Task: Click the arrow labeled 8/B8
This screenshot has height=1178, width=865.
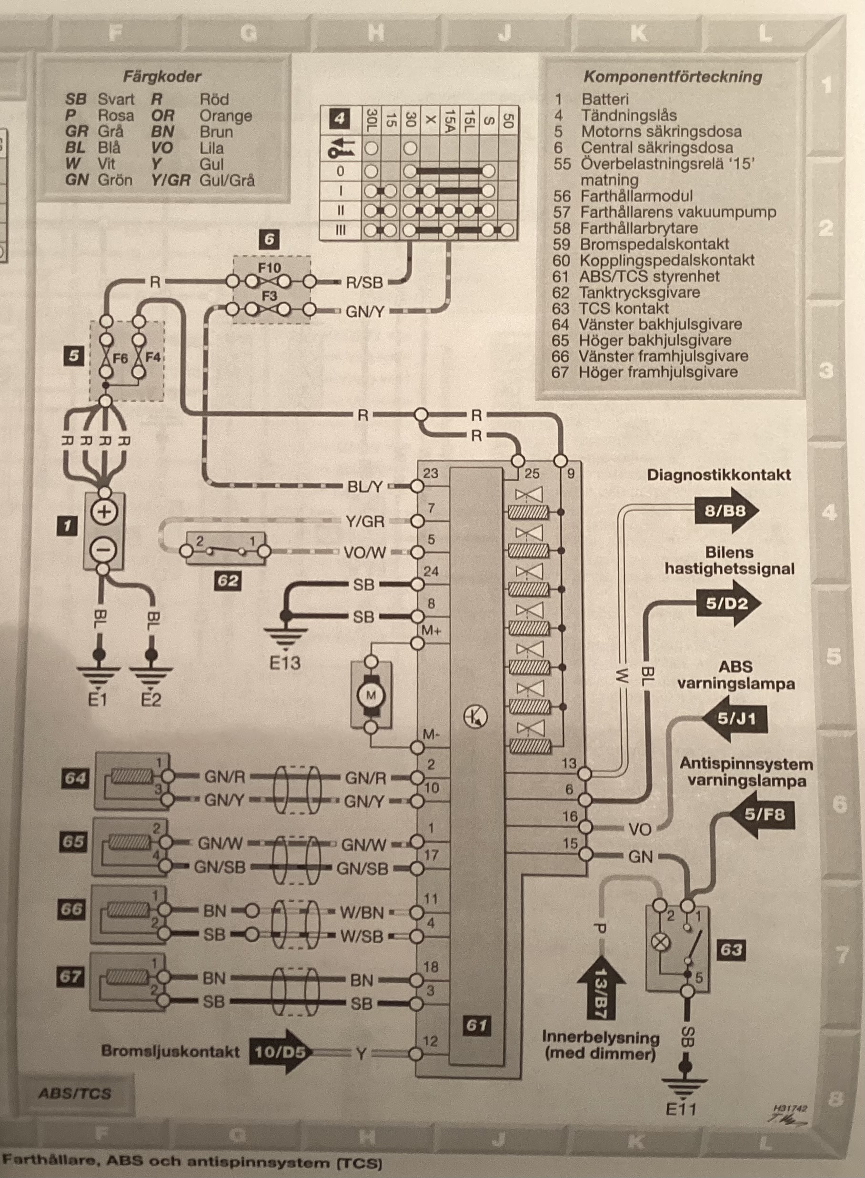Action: click(727, 511)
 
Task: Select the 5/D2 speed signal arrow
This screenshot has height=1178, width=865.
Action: click(728, 604)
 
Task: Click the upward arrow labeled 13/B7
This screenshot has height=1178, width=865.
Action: click(602, 987)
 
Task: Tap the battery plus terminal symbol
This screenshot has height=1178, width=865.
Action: click(104, 512)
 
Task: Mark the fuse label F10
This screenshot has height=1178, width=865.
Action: click(269, 268)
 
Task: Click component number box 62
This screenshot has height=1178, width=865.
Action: click(228, 581)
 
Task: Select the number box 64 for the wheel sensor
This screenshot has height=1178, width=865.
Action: click(75, 778)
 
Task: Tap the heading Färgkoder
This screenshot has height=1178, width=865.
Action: click(162, 77)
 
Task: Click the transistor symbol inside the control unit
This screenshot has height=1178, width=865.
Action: click(475, 715)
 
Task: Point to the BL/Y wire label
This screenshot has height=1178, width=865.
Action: click(365, 487)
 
